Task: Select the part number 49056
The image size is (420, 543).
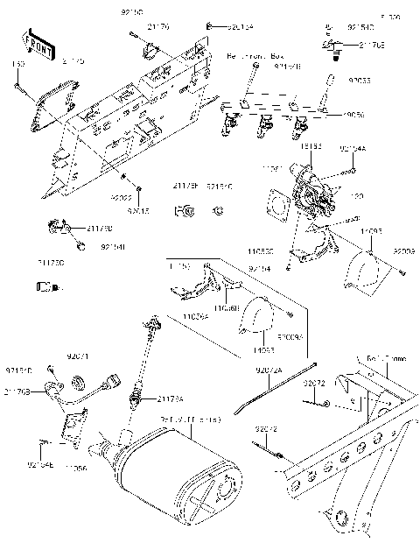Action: pyautogui.click(x=353, y=114)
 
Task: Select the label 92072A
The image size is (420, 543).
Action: pyautogui.click(x=269, y=371)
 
